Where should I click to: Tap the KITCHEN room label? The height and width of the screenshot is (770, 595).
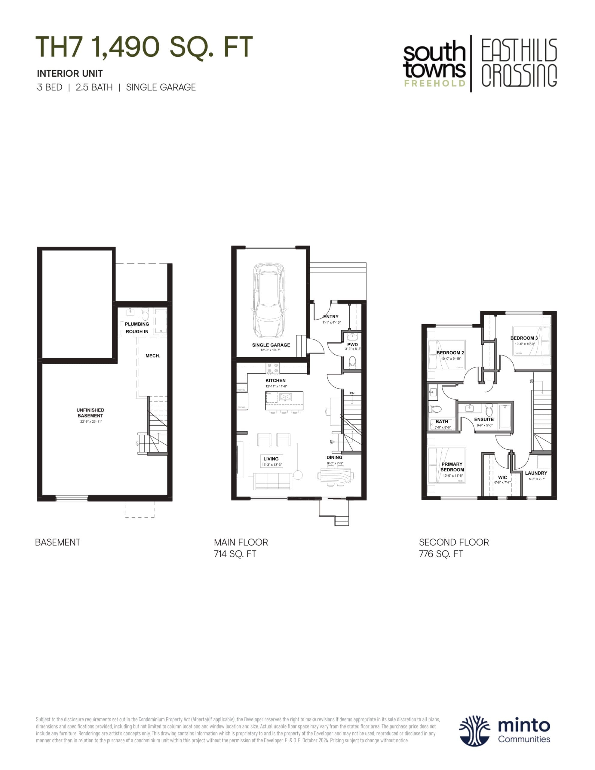point(275,380)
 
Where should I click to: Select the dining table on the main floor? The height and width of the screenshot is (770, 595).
point(335,476)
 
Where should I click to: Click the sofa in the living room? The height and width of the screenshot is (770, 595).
point(273,481)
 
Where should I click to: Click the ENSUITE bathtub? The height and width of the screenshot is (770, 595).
point(505,416)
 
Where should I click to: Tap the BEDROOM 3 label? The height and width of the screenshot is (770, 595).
point(524,338)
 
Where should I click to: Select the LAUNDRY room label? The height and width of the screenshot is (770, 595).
point(536,473)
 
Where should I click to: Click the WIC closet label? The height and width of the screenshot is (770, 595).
point(502,477)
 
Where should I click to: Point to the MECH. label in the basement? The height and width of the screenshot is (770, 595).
point(153,356)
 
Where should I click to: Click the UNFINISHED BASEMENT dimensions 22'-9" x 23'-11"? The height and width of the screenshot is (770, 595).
point(91,421)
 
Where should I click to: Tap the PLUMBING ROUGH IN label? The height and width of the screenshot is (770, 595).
point(137,328)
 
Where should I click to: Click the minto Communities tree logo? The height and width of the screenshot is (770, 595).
point(474,731)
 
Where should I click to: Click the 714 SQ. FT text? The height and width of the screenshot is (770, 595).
point(235,554)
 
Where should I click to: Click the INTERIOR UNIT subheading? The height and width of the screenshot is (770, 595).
point(70,73)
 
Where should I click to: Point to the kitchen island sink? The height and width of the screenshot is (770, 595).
point(285,397)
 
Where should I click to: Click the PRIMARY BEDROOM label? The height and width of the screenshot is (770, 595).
point(452,467)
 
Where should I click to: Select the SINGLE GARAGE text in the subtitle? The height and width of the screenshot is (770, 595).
point(161,87)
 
